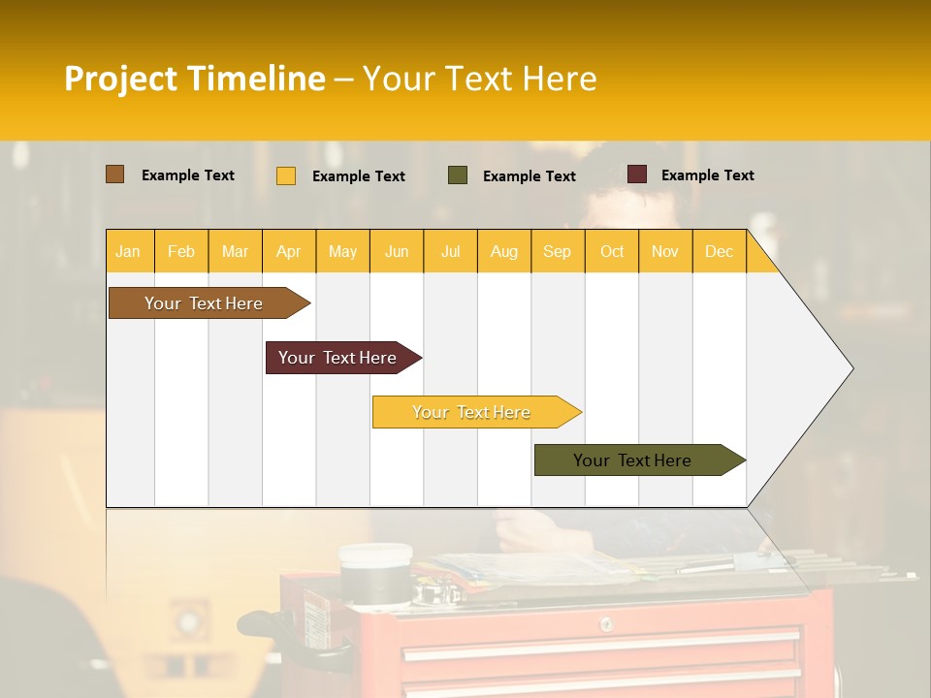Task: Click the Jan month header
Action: click(129, 251)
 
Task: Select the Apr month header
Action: click(289, 251)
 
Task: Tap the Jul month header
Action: click(451, 251)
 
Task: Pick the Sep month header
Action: click(557, 251)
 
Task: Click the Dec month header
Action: click(719, 251)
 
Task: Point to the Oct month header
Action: click(612, 251)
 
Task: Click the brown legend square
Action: click(114, 174)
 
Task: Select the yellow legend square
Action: click(286, 175)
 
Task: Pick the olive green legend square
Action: click(458, 175)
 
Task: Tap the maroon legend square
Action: click(637, 174)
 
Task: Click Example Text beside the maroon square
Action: click(707, 175)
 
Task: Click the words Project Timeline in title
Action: click(195, 79)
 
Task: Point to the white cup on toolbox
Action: click(375, 570)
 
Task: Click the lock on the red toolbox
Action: click(606, 624)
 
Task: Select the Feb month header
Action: click(181, 251)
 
